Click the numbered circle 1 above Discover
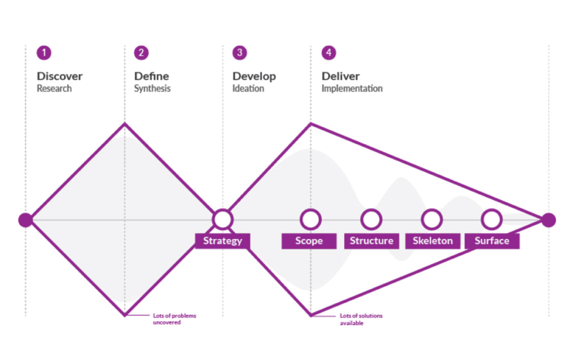tap(44, 53)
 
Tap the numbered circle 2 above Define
tap(141, 53)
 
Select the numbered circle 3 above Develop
tap(240, 53)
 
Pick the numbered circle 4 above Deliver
tap(328, 53)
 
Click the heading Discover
tap(60, 76)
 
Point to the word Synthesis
tap(152, 89)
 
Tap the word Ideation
tap(248, 89)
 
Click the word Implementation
tap(352, 89)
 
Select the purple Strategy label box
tap(222, 241)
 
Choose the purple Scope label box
tap(309, 241)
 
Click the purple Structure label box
tap(371, 241)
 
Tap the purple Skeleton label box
tap(432, 241)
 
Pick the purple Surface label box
tap(492, 241)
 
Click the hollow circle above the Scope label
tap(311, 219)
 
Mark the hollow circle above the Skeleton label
tap(432, 219)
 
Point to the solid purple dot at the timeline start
tap(25, 220)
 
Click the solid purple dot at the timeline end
tap(548, 220)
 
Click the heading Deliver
tap(340, 76)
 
